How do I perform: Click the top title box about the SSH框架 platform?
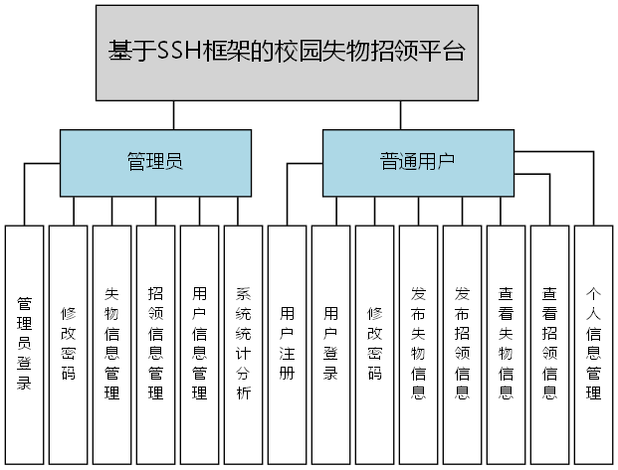coord(287,52)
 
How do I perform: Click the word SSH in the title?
coord(180,52)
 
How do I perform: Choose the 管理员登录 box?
coord(24,343)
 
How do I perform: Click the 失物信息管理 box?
coord(111,343)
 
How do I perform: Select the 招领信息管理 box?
coord(155,343)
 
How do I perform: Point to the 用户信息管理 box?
coord(199,343)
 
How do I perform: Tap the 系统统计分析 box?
coord(243,343)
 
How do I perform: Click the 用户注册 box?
coord(287,343)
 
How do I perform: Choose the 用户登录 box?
coord(330,343)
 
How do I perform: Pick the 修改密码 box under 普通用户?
coord(374,343)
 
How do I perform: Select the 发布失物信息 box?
coord(418,343)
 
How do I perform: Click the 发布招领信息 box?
coord(462,343)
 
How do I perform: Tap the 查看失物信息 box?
coord(506,343)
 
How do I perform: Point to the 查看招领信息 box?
coord(549,343)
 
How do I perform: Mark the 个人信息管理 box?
coord(593,343)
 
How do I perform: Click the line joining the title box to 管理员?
coord(173,115)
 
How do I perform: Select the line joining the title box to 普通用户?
coord(401,115)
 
